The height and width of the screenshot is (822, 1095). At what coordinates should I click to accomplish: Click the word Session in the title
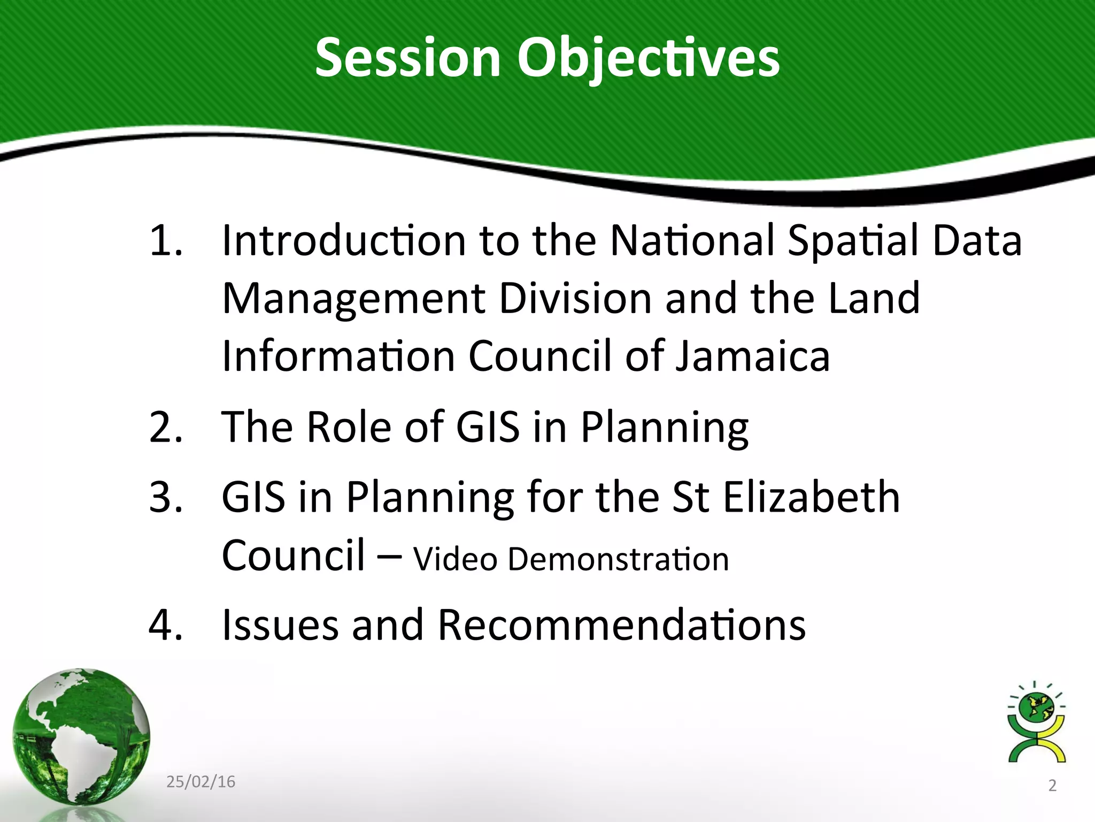(407, 58)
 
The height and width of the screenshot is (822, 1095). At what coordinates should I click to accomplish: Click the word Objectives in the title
(648, 58)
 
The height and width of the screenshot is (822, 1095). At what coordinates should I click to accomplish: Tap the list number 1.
(166, 240)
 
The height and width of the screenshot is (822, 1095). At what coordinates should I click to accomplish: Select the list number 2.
(166, 428)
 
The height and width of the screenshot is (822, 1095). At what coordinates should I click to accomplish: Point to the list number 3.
(166, 497)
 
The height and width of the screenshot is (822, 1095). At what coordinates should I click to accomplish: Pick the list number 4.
(166, 625)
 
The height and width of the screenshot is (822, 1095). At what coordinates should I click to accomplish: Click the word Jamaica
(753, 356)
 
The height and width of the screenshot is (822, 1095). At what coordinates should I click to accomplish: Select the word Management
(353, 299)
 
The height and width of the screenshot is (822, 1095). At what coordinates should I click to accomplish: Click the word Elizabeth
(812, 497)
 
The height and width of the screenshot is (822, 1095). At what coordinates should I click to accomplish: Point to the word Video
(456, 559)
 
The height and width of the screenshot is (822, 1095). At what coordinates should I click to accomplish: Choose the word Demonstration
(618, 559)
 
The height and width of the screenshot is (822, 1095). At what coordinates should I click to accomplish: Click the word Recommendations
(622, 625)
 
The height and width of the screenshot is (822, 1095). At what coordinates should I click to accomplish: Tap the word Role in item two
(349, 428)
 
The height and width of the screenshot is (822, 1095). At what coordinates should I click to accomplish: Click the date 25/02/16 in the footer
(201, 782)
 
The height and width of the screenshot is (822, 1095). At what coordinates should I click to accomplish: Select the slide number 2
(1052, 786)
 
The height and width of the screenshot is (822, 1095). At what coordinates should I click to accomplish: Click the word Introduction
(344, 240)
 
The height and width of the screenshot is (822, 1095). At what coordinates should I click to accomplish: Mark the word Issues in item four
(280, 625)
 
